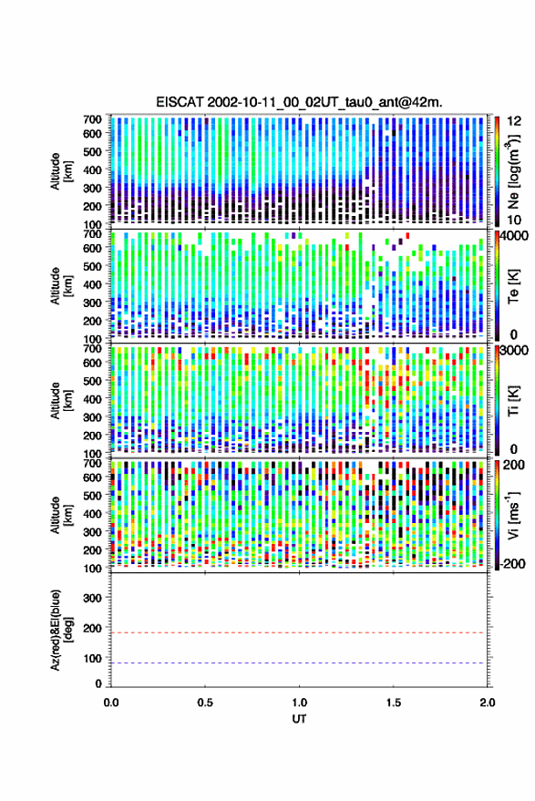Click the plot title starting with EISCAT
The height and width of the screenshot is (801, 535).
[300, 102]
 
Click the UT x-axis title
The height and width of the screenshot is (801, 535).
[300, 719]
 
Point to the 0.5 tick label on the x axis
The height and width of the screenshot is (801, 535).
[205, 703]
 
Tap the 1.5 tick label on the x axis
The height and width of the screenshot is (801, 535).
[394, 703]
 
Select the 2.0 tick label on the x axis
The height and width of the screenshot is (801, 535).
[488, 703]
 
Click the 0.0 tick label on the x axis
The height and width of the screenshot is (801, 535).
[111, 703]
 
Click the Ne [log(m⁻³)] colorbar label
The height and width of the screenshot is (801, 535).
[512, 171]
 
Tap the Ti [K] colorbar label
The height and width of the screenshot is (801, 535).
[513, 400]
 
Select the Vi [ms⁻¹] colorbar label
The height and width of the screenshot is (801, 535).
[512, 515]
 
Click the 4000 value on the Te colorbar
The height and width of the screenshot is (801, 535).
[514, 236]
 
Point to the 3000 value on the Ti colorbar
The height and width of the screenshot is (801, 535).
[514, 351]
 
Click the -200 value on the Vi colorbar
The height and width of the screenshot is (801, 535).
[513, 564]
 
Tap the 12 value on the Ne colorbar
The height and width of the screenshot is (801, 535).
[514, 121]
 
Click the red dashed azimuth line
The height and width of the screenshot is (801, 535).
[299, 633]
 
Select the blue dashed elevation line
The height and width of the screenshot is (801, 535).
[299, 663]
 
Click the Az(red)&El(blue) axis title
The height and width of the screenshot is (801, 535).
[60, 630]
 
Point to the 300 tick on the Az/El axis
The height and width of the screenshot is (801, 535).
[92, 598]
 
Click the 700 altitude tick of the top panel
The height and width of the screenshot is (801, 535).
[92, 119]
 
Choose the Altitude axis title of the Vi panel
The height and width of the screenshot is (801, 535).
[60, 515]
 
